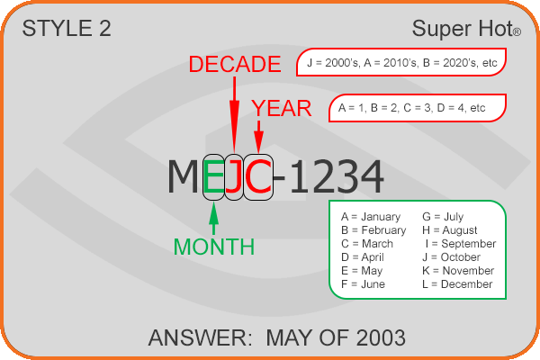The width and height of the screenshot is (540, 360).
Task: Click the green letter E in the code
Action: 213,176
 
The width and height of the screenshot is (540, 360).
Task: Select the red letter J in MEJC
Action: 233,176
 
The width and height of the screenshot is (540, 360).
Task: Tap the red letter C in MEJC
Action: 258,176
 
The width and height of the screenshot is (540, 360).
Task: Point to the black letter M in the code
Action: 183,176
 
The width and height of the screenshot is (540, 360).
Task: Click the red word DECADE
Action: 235,64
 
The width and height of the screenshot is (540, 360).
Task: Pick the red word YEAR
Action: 282,108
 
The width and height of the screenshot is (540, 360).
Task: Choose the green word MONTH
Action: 214,247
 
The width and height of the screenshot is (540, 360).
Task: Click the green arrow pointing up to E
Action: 214,218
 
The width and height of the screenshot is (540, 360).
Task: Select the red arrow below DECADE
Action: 235,114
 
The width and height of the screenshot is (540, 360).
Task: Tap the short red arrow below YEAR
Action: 258,137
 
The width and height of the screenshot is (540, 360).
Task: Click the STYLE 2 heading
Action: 67,28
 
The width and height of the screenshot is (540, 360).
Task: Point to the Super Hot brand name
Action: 466,28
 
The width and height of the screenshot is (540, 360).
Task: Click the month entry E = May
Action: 362,271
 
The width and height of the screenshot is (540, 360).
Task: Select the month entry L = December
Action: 457,284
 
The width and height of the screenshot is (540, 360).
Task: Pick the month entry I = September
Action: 461,244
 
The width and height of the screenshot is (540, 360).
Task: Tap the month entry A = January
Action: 371,217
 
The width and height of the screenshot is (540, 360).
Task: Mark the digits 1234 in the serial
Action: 337,177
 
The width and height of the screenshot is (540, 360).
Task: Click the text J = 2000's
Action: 333,63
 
